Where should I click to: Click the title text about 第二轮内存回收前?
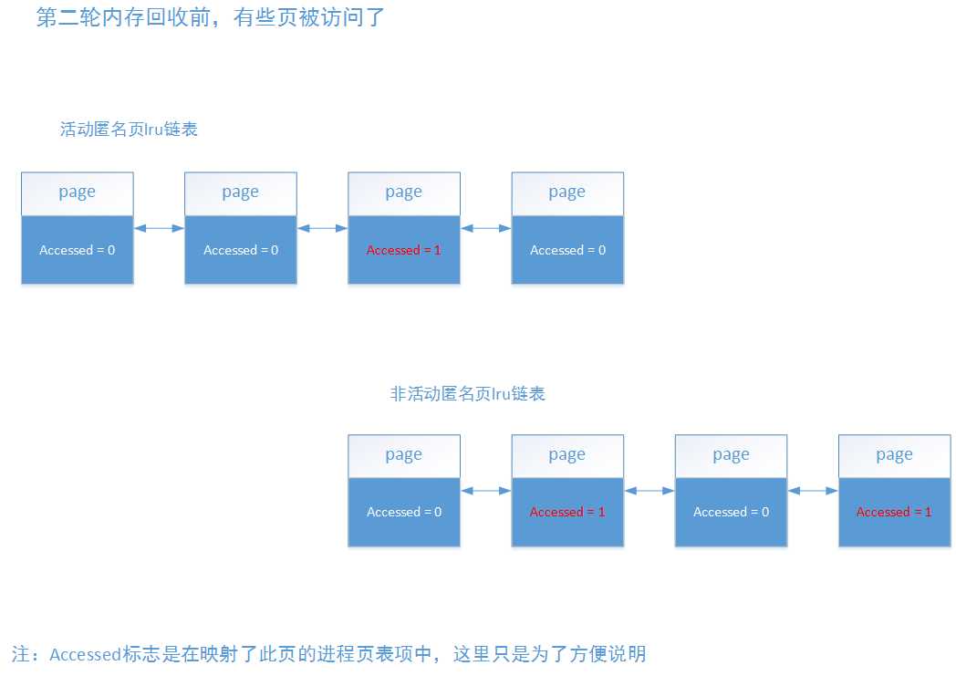pyautogui.click(x=212, y=18)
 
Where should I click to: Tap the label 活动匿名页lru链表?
pyautogui.click(x=129, y=130)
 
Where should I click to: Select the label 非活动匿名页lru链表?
pyautogui.click(x=468, y=394)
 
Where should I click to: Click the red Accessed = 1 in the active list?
pyautogui.click(x=403, y=250)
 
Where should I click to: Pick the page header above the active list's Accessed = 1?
pyautogui.click(x=403, y=192)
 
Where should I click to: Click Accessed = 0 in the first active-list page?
pyautogui.click(x=77, y=250)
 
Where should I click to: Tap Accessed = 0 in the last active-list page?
pyautogui.click(x=567, y=250)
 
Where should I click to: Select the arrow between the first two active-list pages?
pyautogui.click(x=159, y=228)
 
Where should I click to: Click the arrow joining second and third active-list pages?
pyautogui.click(x=322, y=228)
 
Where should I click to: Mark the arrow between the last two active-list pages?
pyautogui.click(x=485, y=228)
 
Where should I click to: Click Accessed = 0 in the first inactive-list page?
pyautogui.click(x=403, y=512)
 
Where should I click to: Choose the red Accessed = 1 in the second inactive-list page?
pyautogui.click(x=567, y=512)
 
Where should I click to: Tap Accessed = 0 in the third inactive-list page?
pyautogui.click(x=731, y=512)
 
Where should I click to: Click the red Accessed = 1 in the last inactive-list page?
pyautogui.click(x=894, y=512)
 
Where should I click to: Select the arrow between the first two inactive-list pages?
pyautogui.click(x=485, y=491)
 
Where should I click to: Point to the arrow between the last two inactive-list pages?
pyautogui.click(x=812, y=491)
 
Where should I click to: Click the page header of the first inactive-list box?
pyautogui.click(x=403, y=454)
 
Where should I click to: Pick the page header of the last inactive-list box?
pyautogui.click(x=894, y=454)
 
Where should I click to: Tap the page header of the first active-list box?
pyautogui.click(x=77, y=192)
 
